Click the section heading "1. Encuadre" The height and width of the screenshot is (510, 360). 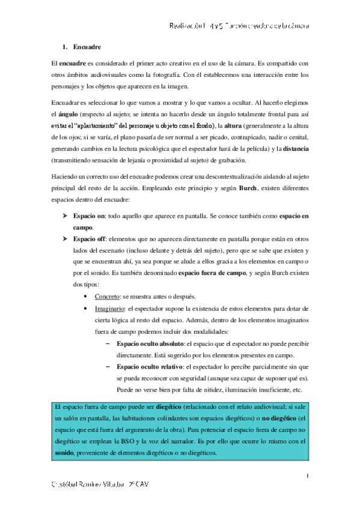[82, 47]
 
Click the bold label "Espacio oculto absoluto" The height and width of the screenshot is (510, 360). [151, 342]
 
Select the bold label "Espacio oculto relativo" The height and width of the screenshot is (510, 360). [150, 366]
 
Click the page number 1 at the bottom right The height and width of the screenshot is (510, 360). [307, 476]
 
